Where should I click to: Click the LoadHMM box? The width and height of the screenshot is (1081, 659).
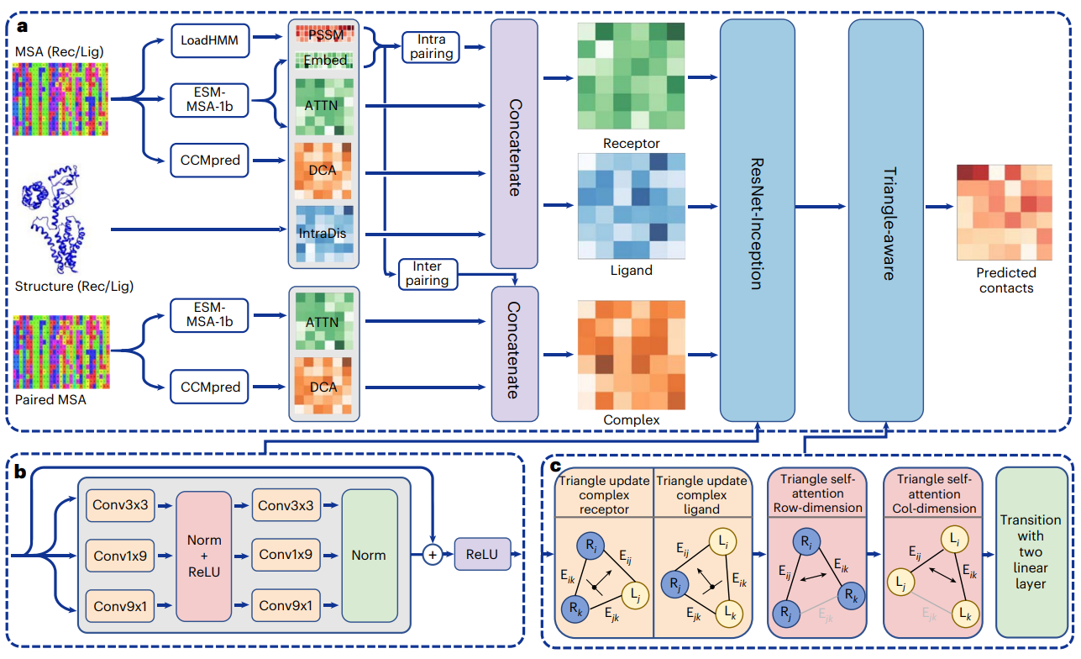pyautogui.click(x=210, y=40)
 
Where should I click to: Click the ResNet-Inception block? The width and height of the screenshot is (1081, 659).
pyautogui.click(x=757, y=219)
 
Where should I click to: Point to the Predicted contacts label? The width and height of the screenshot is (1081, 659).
pyautogui.click(x=1006, y=280)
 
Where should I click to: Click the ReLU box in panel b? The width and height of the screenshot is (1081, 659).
pyautogui.click(x=482, y=554)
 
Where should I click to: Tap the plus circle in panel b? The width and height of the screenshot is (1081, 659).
pyautogui.click(x=432, y=554)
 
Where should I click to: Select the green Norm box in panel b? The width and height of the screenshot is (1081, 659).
pyautogui.click(x=369, y=554)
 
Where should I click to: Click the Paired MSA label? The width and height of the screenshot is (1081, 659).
pyautogui.click(x=50, y=399)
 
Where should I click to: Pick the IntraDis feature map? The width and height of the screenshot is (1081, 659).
pyautogui.click(x=323, y=232)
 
